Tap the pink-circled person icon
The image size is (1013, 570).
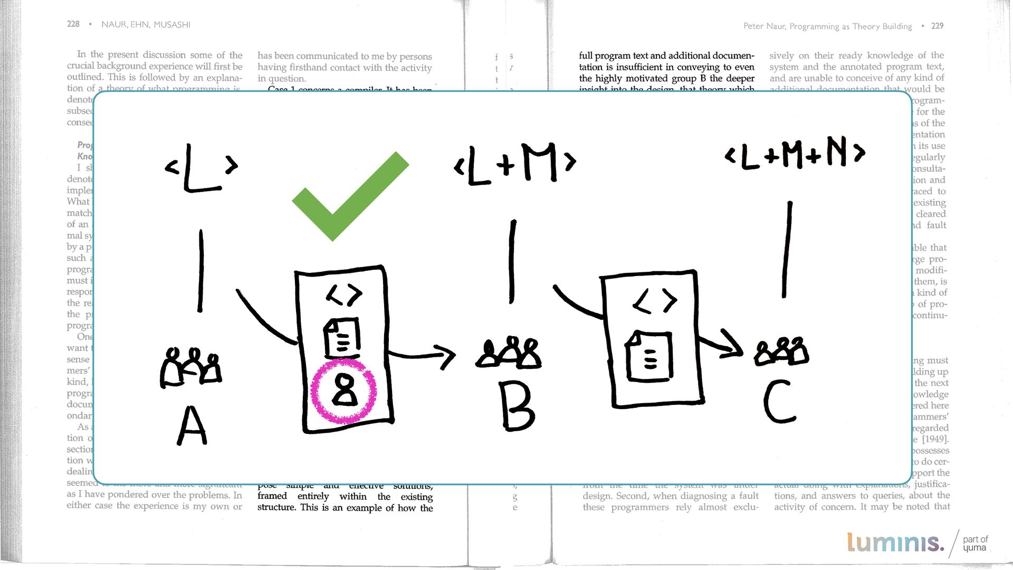pyautogui.click(x=344, y=391)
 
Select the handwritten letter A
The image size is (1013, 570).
pyautogui.click(x=192, y=426)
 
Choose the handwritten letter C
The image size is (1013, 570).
pyautogui.click(x=779, y=402)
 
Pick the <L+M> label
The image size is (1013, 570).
pyautogui.click(x=514, y=164)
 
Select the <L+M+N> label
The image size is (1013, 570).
pyautogui.click(x=795, y=154)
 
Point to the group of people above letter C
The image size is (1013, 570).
pyautogui.click(x=781, y=351)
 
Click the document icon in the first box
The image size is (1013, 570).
pyautogui.click(x=341, y=337)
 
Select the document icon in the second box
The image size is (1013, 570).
pyautogui.click(x=648, y=356)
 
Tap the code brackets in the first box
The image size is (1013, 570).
pyautogui.click(x=344, y=294)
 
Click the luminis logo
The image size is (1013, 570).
pyautogui.click(x=895, y=543)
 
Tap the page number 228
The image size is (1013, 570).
pyautogui.click(x=73, y=24)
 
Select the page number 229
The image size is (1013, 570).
pyautogui.click(x=937, y=26)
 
